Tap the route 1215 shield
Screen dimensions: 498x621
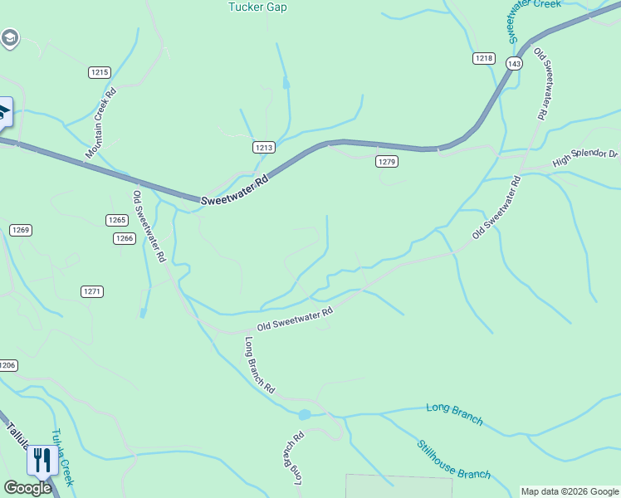click(100, 72)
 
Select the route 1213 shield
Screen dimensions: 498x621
click(264, 147)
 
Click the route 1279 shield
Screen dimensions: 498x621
click(386, 161)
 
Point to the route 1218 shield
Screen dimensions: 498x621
click(484, 58)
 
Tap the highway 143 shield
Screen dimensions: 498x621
click(515, 64)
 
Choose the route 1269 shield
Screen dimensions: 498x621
click(21, 230)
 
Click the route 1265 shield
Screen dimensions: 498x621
click(117, 220)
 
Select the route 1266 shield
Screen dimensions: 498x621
click(125, 238)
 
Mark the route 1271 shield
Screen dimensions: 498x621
click(92, 291)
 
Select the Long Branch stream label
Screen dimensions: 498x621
click(454, 413)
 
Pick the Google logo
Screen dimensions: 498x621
click(27, 488)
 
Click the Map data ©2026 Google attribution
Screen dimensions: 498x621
click(569, 491)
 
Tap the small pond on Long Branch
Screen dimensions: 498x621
click(305, 413)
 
